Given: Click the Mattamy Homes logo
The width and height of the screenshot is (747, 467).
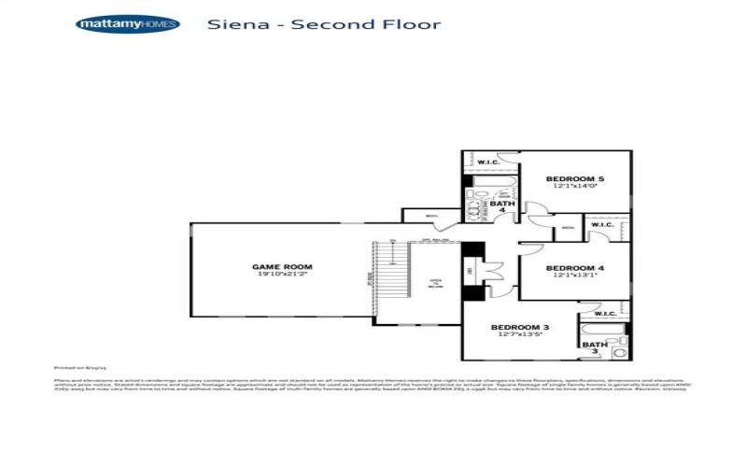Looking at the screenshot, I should pos(128,24).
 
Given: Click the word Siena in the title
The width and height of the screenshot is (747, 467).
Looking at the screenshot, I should pos(233,24).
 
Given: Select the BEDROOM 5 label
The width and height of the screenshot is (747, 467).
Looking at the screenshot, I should pos(575,178).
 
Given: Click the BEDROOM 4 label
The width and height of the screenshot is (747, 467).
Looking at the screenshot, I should pos(575,268).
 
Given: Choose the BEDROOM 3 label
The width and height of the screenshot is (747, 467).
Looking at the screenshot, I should pos(521,327).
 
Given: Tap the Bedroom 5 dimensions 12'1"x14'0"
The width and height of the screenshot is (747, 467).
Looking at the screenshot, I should pos(575,187).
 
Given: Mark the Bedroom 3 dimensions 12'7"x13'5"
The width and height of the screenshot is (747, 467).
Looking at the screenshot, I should pos(521,334).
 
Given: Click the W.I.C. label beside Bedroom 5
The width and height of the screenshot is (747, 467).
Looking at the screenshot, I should pos(489,163).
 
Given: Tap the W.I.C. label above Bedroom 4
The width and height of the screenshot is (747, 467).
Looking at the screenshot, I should pos(601,224).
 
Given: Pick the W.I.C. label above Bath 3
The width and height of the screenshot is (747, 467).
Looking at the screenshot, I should pos(604,314).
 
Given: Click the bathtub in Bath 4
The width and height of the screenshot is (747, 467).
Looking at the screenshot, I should pos(487,182).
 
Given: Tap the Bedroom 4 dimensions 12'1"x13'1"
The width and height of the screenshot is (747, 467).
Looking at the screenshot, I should pos(575,276).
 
